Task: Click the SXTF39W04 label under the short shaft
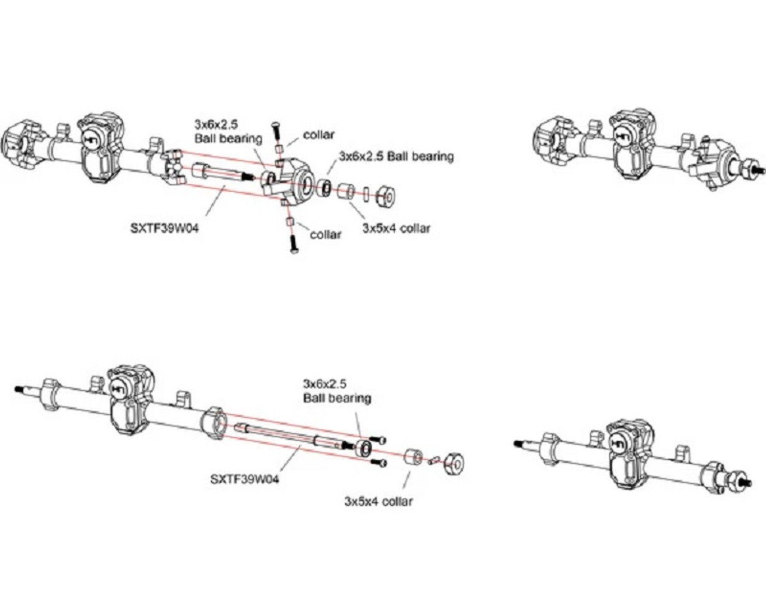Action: [164, 228]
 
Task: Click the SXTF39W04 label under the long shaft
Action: [245, 479]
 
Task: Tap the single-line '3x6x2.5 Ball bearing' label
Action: [396, 157]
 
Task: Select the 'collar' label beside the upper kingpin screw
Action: [318, 135]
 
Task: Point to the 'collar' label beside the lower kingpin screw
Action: [326, 235]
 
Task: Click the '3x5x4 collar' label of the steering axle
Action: [396, 228]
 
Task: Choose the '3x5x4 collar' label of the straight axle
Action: [378, 501]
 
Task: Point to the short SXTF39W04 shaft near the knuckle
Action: [221, 174]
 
